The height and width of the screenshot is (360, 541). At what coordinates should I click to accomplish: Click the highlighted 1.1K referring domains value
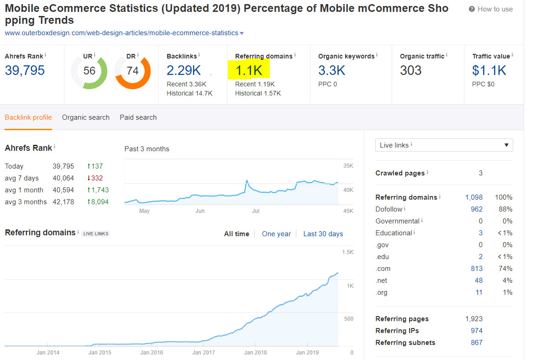click(249, 70)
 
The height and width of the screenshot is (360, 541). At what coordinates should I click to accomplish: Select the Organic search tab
click(86, 117)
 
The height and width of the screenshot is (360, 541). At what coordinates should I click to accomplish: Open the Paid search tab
click(138, 117)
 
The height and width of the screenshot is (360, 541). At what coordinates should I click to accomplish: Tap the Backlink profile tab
click(28, 117)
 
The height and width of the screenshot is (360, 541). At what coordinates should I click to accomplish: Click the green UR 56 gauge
click(89, 71)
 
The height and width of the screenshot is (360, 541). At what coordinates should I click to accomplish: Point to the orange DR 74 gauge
click(132, 71)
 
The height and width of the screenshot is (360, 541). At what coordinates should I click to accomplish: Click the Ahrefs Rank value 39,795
click(25, 70)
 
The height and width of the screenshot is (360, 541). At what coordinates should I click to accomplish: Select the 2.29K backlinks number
click(184, 70)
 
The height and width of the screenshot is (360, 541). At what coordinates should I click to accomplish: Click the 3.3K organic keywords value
click(331, 70)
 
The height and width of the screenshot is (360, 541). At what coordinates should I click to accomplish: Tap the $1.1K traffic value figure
click(489, 70)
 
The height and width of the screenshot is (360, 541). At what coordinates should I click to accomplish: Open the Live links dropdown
click(444, 145)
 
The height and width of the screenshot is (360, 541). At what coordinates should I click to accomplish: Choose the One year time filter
click(276, 234)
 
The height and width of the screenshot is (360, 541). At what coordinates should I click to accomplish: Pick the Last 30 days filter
click(323, 234)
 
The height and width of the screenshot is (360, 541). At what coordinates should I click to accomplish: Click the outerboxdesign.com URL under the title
click(121, 33)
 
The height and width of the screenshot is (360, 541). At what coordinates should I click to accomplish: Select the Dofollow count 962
click(476, 209)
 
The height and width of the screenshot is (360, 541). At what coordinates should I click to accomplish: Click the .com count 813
click(476, 269)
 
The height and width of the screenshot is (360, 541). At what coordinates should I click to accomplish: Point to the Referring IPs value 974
click(476, 331)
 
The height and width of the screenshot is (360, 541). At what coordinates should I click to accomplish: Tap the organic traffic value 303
click(410, 70)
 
